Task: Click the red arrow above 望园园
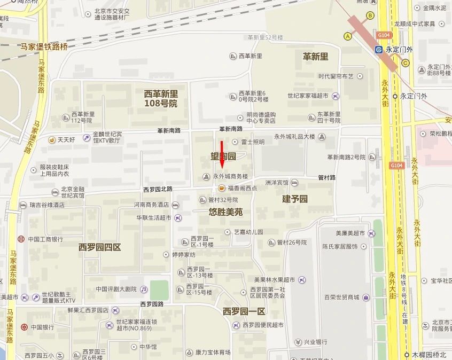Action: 222,154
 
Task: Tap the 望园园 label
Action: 223,156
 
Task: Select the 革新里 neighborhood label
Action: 315,57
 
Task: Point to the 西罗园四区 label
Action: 100,247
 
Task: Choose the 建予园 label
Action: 295,199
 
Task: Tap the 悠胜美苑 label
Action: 225,212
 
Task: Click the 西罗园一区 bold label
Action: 244,311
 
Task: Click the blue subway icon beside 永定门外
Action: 378,49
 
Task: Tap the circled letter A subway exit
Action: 348,36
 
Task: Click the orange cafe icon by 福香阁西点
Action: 221,187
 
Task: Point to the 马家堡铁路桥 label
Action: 44,46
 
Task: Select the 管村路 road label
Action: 326,177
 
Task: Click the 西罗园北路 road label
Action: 158,189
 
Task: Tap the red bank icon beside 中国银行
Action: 24,327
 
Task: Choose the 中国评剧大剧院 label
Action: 116,289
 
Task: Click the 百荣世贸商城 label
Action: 341,297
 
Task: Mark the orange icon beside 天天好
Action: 51,140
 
